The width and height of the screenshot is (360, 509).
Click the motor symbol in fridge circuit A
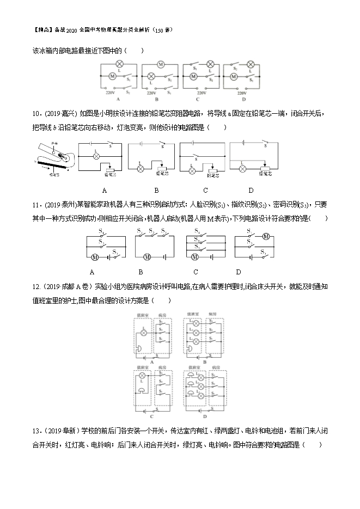coord(113,77)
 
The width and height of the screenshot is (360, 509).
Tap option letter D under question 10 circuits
coord(251,191)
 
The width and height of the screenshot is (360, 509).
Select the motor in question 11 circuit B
coord(146,256)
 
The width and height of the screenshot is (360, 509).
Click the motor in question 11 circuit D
coord(266,236)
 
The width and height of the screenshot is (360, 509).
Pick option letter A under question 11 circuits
coord(92,272)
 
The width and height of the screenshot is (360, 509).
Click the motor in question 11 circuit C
coord(194,256)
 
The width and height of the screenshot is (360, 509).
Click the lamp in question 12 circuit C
coord(143,376)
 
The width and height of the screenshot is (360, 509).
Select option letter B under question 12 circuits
coord(204,361)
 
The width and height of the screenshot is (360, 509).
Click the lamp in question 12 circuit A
coord(144,332)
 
